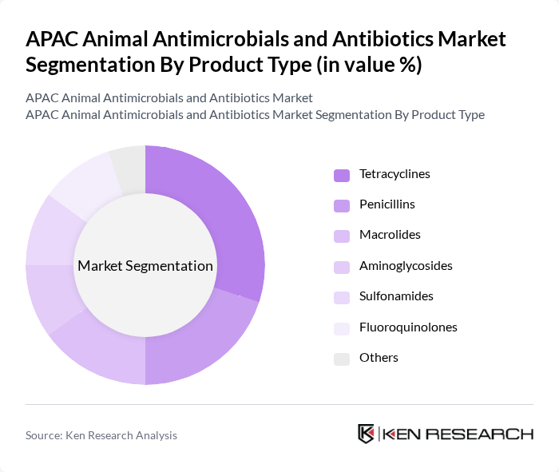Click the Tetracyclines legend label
(x=394, y=173)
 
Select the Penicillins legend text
(x=387, y=204)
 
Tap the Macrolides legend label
(x=390, y=235)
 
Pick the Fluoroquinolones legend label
(x=408, y=327)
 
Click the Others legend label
(x=379, y=357)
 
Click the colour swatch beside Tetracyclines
(x=342, y=175)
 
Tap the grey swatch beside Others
(x=342, y=359)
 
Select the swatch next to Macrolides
(x=342, y=236)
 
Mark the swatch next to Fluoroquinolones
(x=342, y=328)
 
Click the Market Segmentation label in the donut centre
(x=145, y=266)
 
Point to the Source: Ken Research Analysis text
(x=101, y=435)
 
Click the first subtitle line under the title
(x=169, y=98)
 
